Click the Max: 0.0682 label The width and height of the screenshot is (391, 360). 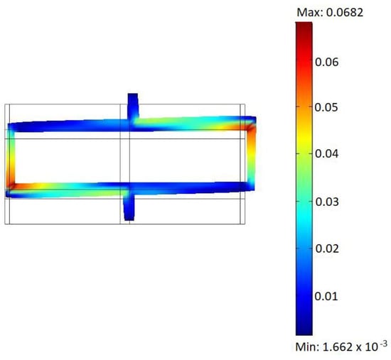tap(330, 12)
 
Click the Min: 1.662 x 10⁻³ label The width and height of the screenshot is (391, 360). tap(341, 346)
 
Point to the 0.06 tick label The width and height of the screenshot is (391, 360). tap(327, 62)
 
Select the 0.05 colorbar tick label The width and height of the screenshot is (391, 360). tap(327, 107)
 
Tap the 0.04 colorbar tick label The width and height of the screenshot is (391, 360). tap(327, 153)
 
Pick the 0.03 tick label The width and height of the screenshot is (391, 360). tap(327, 202)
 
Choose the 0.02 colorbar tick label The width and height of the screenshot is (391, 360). tap(327, 249)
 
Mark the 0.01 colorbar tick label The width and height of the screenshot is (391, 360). tap(326, 296)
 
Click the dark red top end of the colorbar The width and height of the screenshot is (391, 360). tap(304, 25)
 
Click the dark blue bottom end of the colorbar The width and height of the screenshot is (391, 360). tap(304, 332)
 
